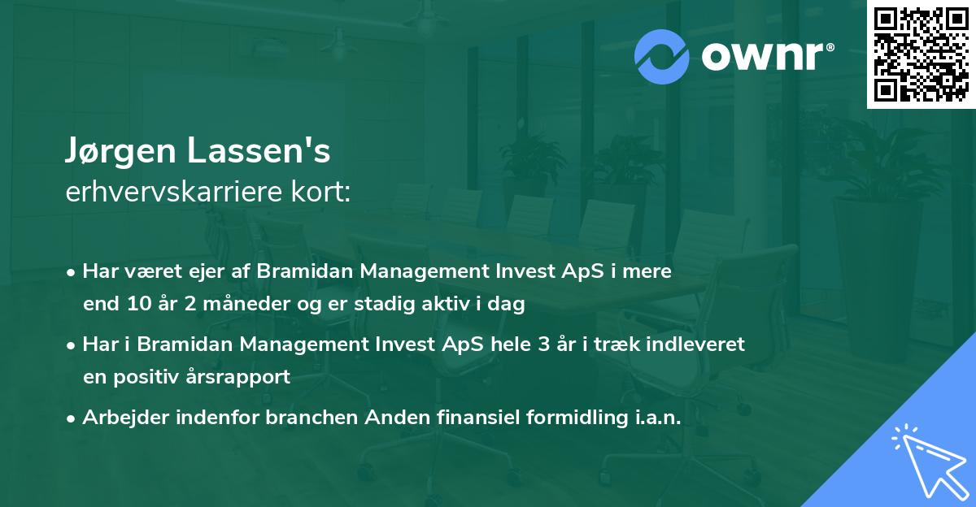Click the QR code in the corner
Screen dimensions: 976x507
coord(921,54)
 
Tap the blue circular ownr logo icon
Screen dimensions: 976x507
coord(661,57)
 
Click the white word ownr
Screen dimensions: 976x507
coord(762,56)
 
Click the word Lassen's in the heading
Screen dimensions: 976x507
coord(259,150)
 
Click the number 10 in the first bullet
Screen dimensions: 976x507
coord(139,303)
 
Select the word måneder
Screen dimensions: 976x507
coord(246,303)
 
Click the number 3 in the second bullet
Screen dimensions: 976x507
coord(543,344)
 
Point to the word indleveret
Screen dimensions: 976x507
coord(695,344)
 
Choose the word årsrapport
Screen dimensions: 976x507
coord(237,377)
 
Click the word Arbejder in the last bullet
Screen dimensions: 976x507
coord(126,417)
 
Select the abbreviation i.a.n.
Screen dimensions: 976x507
coord(658,417)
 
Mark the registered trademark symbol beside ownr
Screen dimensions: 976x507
coord(830,47)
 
